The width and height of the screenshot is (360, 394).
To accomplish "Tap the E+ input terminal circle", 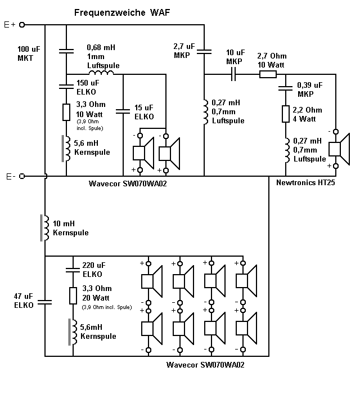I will pyautogui.click(x=22, y=25).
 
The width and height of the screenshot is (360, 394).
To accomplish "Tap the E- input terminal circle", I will pyautogui.click(x=22, y=176).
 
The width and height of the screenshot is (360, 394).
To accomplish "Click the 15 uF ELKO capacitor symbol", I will pyautogui.click(x=123, y=111).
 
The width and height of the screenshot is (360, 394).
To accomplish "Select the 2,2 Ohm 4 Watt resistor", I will pyautogui.click(x=285, y=114).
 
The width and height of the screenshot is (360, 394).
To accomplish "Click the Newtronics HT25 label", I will pyautogui.click(x=305, y=183).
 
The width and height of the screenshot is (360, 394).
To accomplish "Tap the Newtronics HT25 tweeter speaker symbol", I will pyautogui.click(x=336, y=149).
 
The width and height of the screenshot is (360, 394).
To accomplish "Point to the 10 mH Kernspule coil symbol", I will pyautogui.click(x=44, y=227).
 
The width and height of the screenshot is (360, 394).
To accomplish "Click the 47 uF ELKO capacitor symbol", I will pyautogui.click(x=44, y=301).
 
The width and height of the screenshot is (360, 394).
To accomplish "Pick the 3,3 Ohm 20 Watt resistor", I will pyautogui.click(x=73, y=296).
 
